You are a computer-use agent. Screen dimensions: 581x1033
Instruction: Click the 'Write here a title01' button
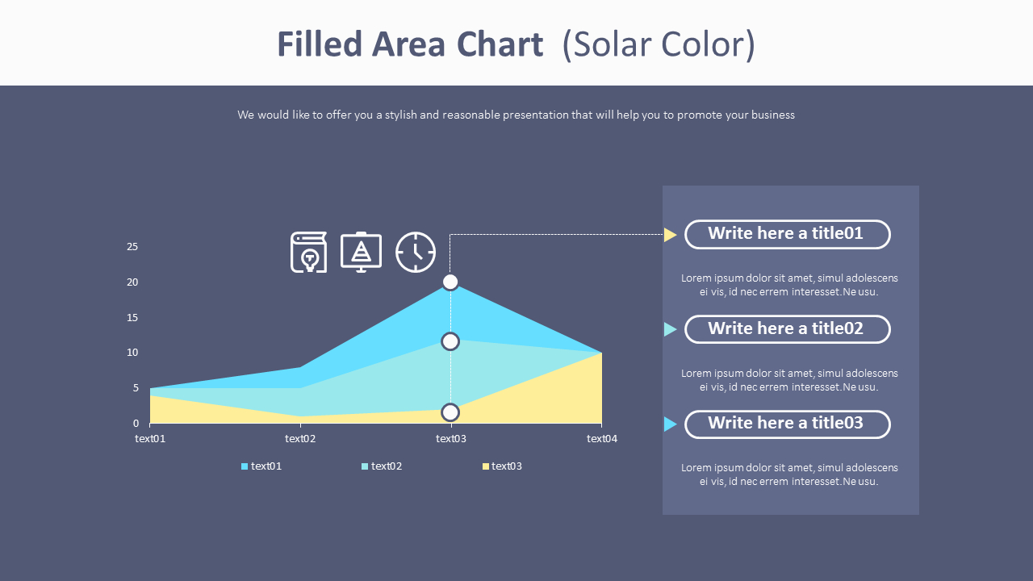(x=787, y=234)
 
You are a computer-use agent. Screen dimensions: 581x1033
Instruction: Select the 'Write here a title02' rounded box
(x=787, y=328)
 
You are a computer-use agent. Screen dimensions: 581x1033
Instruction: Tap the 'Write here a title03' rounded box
(x=787, y=424)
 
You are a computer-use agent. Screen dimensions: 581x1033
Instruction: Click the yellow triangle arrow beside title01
(x=670, y=235)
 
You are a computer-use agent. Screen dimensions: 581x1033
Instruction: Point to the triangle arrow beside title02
(x=670, y=329)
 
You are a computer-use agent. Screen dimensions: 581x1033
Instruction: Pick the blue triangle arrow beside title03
(x=670, y=424)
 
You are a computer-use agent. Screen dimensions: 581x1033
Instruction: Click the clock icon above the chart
(x=416, y=253)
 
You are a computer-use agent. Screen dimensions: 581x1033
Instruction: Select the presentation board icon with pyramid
(x=362, y=252)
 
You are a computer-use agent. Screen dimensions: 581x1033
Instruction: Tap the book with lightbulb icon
(x=309, y=253)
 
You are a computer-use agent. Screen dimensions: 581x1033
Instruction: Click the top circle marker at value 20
(x=450, y=282)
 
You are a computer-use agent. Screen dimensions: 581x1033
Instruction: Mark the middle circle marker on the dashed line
(x=450, y=341)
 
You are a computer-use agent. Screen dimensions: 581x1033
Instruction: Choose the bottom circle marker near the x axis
(x=450, y=412)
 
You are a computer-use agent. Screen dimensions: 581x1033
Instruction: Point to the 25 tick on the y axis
(x=132, y=247)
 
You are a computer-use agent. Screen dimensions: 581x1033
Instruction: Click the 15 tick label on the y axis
(x=132, y=317)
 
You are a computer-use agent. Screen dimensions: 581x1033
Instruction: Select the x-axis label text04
(x=601, y=439)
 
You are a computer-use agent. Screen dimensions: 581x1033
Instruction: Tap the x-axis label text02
(x=300, y=439)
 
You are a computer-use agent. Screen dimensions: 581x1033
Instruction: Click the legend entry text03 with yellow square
(x=502, y=466)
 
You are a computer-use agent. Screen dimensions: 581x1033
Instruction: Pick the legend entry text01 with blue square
(x=261, y=466)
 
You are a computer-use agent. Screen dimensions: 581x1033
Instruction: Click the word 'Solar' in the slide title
(x=610, y=44)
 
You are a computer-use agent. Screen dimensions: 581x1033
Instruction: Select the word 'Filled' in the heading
(x=320, y=44)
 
